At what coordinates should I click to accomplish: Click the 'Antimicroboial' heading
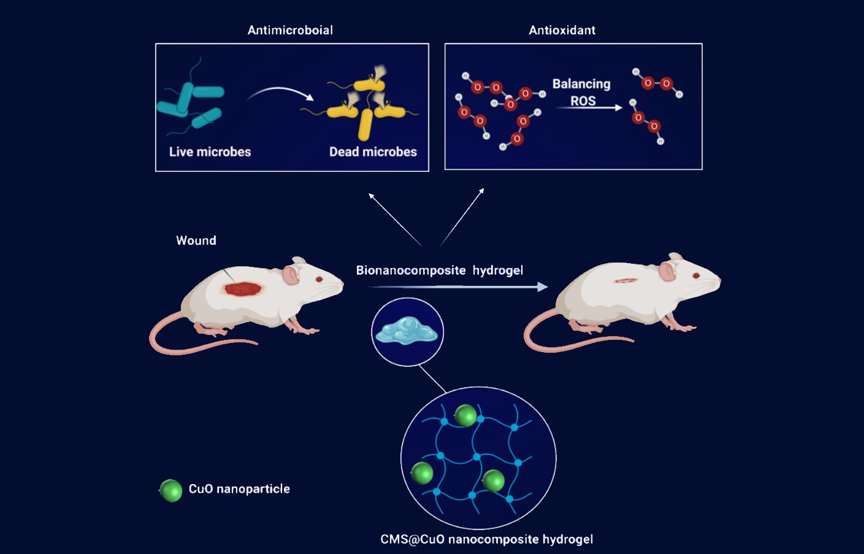click(290, 30)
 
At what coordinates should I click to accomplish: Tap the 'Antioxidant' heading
click(562, 30)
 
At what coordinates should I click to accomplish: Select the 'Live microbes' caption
click(210, 152)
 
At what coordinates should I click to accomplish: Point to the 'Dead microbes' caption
click(373, 152)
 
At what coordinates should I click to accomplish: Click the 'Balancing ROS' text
click(581, 92)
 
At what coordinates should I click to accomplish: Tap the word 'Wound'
click(196, 240)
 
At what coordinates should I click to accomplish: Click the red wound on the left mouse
click(243, 288)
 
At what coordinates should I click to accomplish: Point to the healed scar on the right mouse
click(625, 280)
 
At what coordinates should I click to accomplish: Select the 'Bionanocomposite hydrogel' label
click(439, 271)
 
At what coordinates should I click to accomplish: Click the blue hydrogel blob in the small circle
click(407, 332)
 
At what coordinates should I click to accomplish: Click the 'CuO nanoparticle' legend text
click(239, 489)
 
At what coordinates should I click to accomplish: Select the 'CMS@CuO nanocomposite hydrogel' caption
click(486, 539)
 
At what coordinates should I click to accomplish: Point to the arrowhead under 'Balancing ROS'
click(618, 108)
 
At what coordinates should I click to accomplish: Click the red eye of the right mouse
click(696, 275)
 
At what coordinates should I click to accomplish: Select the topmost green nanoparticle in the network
click(465, 415)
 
